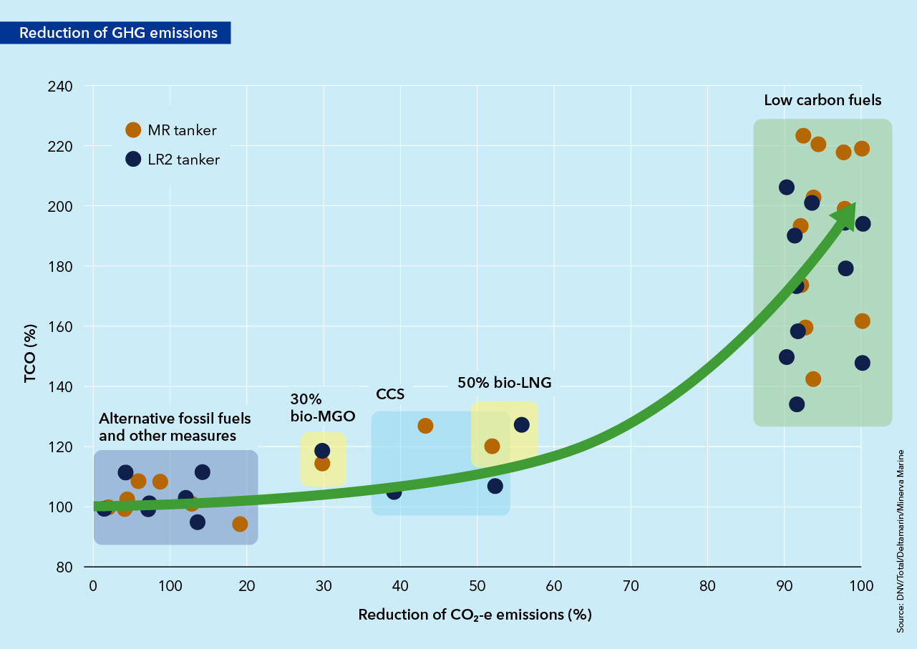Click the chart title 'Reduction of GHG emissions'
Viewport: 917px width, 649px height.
118,33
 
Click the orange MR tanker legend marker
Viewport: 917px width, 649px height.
133,130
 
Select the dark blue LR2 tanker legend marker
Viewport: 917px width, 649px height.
133,160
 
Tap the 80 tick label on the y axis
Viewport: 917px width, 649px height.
64,567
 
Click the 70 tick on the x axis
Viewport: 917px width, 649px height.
631,585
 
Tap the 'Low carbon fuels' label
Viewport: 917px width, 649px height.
823,100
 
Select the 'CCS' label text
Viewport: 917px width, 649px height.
390,394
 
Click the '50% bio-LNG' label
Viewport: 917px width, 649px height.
505,383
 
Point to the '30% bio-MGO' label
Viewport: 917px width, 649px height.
322,406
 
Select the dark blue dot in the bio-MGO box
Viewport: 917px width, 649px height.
322,451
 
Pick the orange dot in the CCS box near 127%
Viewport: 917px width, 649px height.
425,426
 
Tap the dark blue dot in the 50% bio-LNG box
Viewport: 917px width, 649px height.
522,425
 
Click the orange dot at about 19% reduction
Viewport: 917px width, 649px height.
240,524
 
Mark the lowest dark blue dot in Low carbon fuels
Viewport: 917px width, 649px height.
797,404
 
